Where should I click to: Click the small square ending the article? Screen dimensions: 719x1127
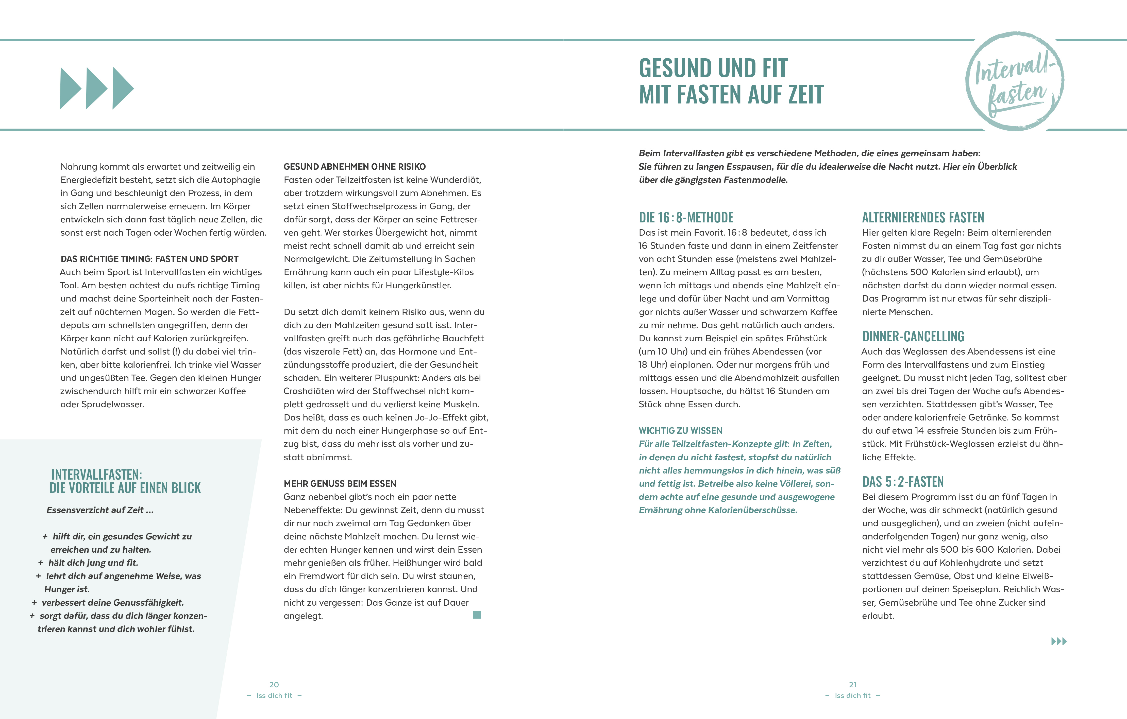[477, 615]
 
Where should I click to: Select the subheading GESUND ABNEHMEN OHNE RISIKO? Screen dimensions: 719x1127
[354, 167]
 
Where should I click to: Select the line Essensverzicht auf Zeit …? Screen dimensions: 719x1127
[100, 510]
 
